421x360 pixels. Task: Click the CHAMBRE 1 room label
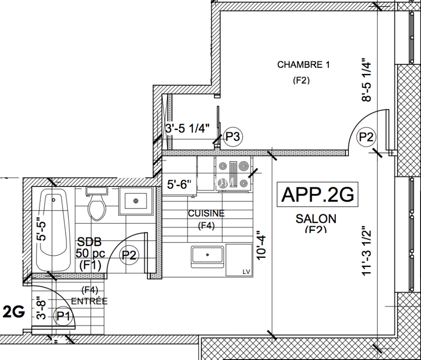303,65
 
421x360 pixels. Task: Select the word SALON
316,218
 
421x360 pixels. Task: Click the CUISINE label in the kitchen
206,214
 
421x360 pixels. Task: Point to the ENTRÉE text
89,301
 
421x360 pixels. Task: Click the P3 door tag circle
233,137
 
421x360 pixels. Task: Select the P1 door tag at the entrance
63,316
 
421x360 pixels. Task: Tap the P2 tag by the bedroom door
366,137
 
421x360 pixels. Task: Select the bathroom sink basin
136,201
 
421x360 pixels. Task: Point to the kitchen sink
208,256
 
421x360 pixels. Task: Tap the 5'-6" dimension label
181,185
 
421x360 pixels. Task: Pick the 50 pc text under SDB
90,254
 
